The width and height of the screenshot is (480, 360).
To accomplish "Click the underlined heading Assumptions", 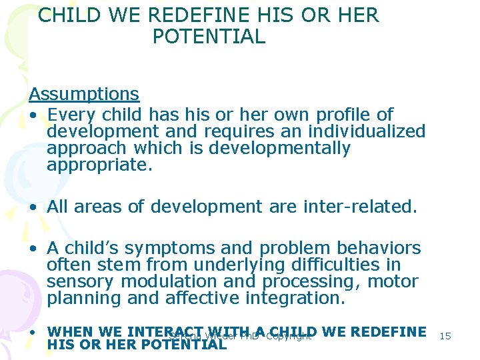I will [84, 94].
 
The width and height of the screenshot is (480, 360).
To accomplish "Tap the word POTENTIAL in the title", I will [209, 37].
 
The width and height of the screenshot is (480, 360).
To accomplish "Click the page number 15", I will [445, 336].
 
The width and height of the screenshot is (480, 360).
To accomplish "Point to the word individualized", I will [359, 131].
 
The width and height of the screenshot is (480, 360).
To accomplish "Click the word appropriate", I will [99, 165].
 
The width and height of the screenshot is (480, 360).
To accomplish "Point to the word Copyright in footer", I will [288, 336].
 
